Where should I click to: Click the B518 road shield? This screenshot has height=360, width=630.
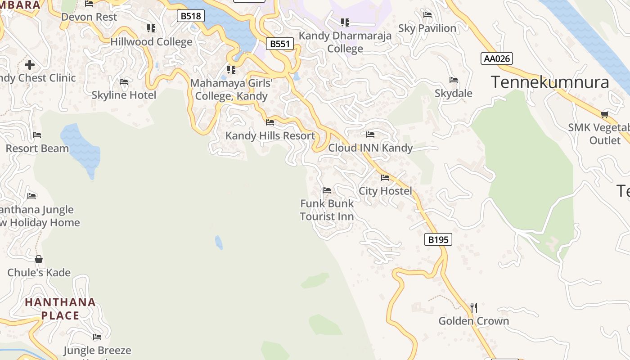191,16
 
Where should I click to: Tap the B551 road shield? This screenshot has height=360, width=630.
279,44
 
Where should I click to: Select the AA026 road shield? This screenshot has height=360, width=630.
496,58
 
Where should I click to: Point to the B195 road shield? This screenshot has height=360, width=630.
438,239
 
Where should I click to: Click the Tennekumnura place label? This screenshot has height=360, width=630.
549,82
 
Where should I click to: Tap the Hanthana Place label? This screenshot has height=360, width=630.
60,309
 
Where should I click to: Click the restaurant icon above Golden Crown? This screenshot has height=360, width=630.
473,308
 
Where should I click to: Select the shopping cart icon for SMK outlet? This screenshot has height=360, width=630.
604,114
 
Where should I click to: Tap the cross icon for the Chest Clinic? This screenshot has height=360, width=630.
30,65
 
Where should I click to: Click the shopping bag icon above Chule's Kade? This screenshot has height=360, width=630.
39,259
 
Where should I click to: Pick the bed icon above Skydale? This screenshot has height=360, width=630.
454,80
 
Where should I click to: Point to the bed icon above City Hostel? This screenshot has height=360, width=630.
385,178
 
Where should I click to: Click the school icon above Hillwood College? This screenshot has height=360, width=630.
151,28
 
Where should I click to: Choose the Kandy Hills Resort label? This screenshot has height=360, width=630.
270,135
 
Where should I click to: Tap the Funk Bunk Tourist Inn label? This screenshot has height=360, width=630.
327,210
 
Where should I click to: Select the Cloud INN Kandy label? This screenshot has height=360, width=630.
370,148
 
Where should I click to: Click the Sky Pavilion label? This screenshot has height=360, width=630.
427,28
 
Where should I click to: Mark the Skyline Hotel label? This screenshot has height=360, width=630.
124,95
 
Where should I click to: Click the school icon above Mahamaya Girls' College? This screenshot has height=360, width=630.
231,69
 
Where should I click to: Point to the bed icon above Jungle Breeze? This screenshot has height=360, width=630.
97,337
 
